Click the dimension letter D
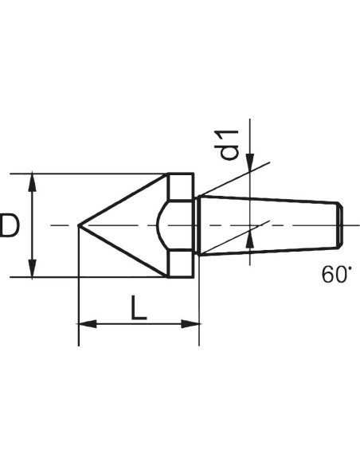coord(9,225)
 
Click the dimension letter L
coord(139,308)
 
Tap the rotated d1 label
coord(228,145)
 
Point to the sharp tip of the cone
coord(79,225)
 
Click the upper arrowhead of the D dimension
coord(33,182)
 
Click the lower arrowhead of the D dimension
coord(33,268)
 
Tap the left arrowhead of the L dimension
coord(88,324)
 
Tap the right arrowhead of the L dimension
coord(190,324)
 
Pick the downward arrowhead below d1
coord(250,162)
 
